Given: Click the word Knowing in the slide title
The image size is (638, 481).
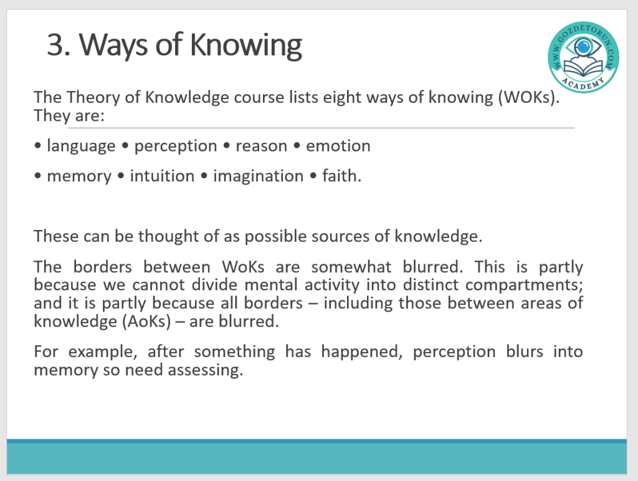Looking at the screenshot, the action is tap(245, 45).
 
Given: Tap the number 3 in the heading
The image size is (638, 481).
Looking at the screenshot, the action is tap(55, 44).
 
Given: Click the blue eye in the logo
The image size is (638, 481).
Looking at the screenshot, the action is tap(583, 46).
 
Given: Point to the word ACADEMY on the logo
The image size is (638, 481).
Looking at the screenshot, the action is tap(583, 83).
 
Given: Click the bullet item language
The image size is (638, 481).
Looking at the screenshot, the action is tap(81, 146).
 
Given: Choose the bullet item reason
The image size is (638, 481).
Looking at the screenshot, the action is tap(261, 146).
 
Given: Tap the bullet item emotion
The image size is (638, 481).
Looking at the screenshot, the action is tap(338, 146).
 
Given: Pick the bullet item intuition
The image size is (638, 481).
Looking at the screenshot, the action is tap(162, 176).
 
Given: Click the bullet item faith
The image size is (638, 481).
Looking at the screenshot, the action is tap(342, 176).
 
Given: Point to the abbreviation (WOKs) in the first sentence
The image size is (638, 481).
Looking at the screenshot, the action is tap(528, 98).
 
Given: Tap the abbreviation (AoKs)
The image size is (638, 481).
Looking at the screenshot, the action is tap(146, 322).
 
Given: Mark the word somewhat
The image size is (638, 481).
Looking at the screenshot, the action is tap(351, 267).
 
